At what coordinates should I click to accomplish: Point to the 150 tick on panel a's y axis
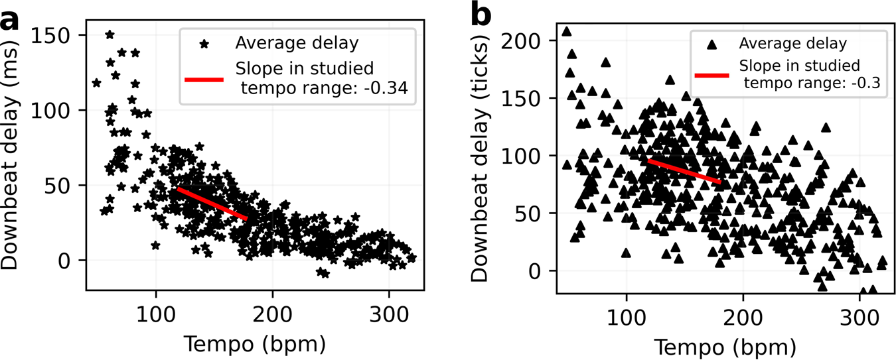tap(64, 35)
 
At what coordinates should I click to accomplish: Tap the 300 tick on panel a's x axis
tap(389, 310)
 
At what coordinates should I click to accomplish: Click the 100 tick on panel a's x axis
tap(156, 310)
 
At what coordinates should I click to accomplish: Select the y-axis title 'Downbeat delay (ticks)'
tap(483, 156)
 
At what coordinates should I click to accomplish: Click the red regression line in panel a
tap(212, 204)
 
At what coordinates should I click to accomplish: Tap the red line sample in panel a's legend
tap(204, 80)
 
